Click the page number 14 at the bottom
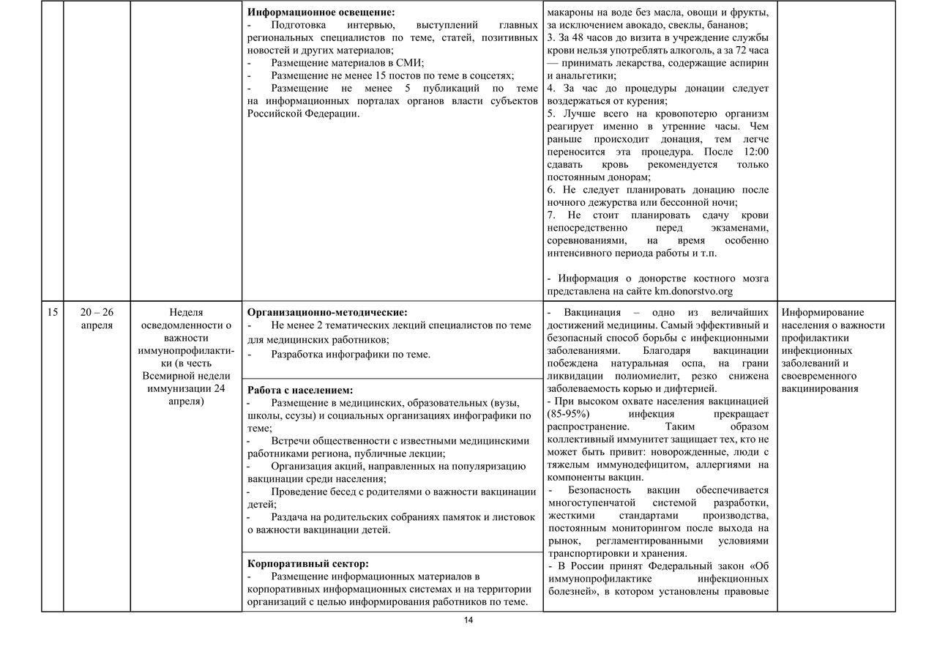click(x=468, y=621)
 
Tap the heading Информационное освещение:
click(x=321, y=12)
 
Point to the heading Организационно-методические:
click(x=327, y=312)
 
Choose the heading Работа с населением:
click(x=300, y=390)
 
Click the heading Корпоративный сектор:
click(x=308, y=563)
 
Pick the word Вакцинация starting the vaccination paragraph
click(x=591, y=313)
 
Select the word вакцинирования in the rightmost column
click(x=820, y=388)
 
